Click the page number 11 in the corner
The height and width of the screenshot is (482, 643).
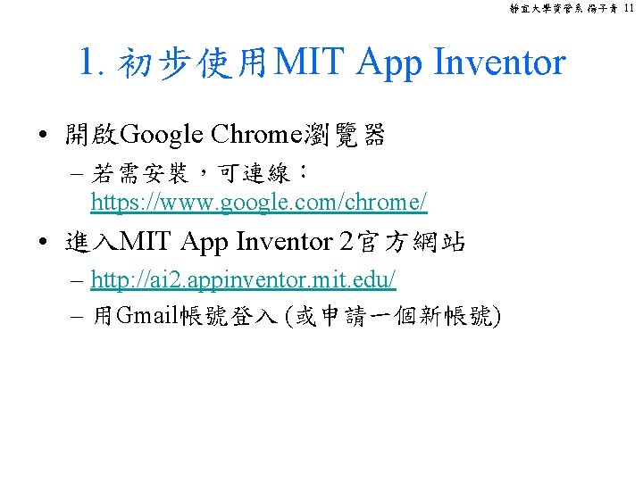click(x=630, y=8)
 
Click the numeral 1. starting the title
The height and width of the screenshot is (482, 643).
click(x=92, y=62)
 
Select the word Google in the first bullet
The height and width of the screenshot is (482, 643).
click(x=162, y=136)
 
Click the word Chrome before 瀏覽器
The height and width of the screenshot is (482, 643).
click(x=255, y=136)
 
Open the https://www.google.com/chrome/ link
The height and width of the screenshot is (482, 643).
click(x=259, y=203)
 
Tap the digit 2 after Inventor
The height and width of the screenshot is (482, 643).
click(x=347, y=242)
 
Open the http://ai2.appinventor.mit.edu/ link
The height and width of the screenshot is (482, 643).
click(x=243, y=279)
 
